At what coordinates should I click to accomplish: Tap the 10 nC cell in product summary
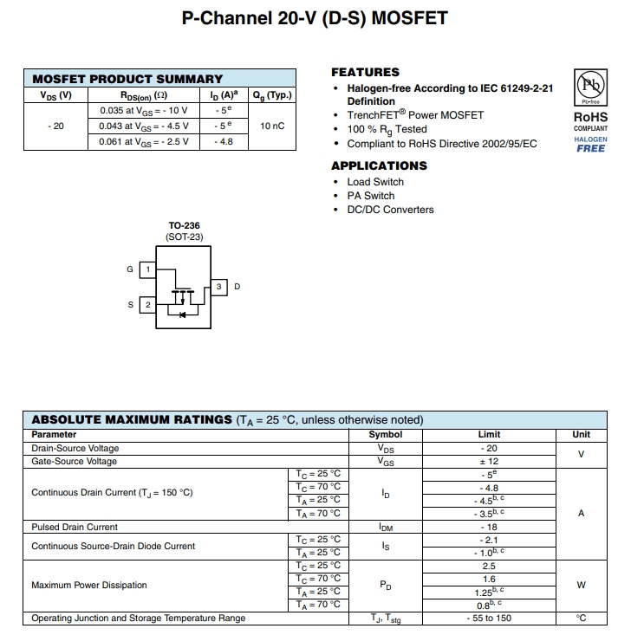(x=272, y=126)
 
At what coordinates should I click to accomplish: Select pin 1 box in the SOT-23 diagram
(x=147, y=269)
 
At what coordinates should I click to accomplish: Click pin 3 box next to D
(x=219, y=287)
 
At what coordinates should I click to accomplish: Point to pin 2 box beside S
(x=147, y=305)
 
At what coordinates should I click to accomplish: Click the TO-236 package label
(x=184, y=225)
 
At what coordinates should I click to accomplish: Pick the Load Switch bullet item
(x=375, y=182)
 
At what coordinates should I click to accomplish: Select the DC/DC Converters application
(x=390, y=210)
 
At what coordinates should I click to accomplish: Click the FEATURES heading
(x=365, y=72)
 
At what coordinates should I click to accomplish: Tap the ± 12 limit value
(x=489, y=462)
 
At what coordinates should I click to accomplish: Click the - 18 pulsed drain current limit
(x=489, y=527)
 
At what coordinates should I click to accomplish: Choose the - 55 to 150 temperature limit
(x=489, y=619)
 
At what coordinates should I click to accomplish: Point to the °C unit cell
(x=581, y=619)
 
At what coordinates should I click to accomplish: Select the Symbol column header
(x=386, y=435)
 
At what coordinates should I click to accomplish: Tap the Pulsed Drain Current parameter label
(x=75, y=527)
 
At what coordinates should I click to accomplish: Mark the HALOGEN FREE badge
(x=590, y=145)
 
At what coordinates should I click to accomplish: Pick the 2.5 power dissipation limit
(x=489, y=566)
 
